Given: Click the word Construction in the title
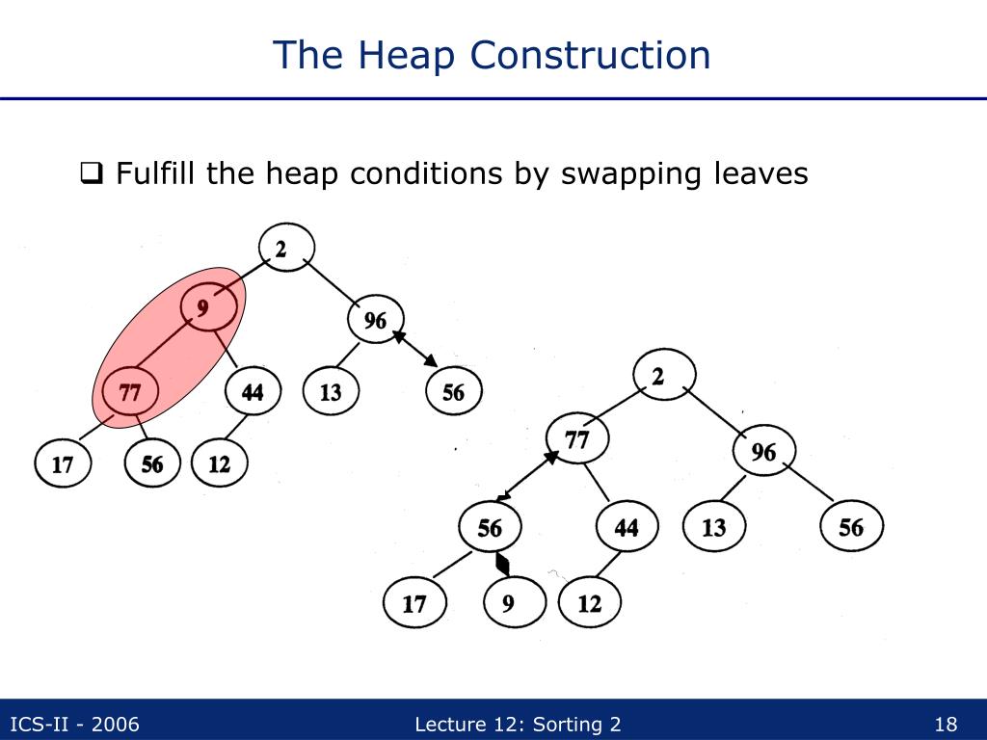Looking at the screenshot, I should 591,55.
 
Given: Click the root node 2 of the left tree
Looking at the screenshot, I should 282,249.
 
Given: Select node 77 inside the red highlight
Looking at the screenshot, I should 130,393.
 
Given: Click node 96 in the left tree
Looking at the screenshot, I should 375,320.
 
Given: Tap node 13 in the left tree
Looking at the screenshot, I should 331,392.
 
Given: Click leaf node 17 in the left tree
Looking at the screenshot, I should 63,464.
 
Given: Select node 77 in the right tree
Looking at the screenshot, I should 576,439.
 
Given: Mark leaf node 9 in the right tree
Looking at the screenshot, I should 509,604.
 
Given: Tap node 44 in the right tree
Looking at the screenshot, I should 627,527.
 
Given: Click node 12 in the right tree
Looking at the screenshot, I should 589,604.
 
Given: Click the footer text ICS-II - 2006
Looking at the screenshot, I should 74,725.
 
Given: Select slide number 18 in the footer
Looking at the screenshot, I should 946,725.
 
